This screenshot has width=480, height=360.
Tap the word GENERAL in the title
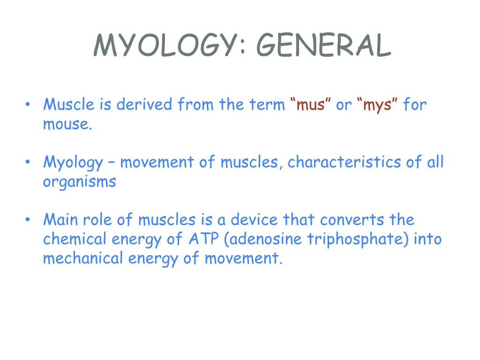323,46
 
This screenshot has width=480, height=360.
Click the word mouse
67,124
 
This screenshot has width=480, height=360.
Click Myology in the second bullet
73,163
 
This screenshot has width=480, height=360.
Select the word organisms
79,182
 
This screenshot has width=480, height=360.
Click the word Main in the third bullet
61,219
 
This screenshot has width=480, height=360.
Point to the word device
255,219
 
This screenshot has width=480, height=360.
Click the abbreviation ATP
204,239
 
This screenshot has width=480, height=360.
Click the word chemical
75,239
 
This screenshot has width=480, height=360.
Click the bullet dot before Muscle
29,104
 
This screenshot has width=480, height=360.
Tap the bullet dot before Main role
29,219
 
